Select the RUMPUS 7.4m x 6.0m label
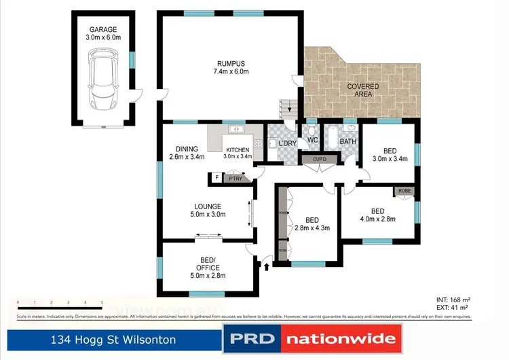(x=229, y=67)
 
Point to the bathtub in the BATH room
(x=333, y=139)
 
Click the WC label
(x=313, y=141)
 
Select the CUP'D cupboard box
(x=320, y=160)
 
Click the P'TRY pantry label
(x=235, y=178)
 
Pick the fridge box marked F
(x=216, y=178)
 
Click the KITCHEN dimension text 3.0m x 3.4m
(x=238, y=156)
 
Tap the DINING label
(x=187, y=149)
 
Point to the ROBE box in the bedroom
(x=404, y=192)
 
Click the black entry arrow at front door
(x=265, y=267)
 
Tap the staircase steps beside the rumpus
(x=288, y=107)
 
